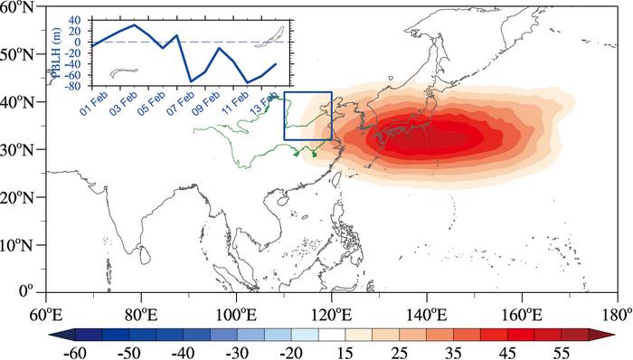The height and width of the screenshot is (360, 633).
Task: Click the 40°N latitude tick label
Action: [20, 101]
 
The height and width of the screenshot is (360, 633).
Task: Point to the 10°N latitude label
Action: [20, 245]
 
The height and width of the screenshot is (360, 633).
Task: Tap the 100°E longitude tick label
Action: [236, 315]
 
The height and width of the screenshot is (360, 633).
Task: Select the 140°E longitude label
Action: [426, 315]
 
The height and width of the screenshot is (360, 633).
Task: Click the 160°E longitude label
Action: [522, 315]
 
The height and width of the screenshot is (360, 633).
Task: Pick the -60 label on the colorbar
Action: [75, 353]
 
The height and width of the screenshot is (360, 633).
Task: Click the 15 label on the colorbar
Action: [345, 353]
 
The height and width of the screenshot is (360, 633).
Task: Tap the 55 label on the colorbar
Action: [562, 353]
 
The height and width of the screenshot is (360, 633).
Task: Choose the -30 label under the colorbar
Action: [237, 353]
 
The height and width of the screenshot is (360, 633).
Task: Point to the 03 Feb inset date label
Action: [124, 103]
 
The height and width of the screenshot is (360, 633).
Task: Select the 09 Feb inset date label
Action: [206, 103]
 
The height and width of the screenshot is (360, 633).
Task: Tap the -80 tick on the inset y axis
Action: [80, 86]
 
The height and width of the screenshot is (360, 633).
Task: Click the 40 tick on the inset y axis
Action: [83, 20]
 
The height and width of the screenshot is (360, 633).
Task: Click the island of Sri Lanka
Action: [145, 254]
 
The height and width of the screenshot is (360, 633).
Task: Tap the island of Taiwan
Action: [336, 177]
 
